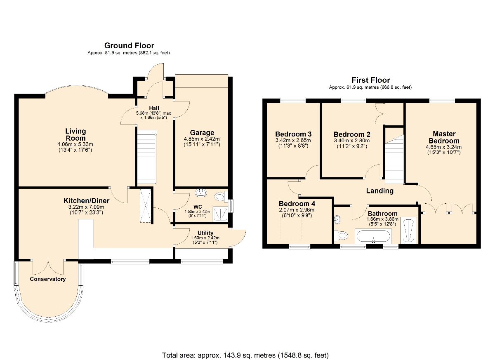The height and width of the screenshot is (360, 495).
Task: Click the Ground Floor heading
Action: coord(129,45)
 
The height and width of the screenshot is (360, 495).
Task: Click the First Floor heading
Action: coord(370,80)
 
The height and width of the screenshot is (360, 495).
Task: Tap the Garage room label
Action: coord(202,132)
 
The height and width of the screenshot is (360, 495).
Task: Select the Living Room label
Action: coord(75,134)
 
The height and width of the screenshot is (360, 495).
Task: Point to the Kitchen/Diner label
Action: coord(86,201)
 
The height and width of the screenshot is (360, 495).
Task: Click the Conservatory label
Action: coord(48,279)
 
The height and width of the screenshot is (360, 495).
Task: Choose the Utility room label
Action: coord(205,233)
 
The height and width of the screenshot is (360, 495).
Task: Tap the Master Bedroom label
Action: coord(444,137)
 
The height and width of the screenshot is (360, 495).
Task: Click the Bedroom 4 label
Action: coord(297,203)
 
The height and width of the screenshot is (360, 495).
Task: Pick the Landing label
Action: coord(379,191)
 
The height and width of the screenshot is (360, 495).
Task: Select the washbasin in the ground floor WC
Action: coord(201,193)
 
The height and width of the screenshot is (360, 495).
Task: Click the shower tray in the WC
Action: coord(220,214)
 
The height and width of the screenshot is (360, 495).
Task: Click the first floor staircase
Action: coord(395,159)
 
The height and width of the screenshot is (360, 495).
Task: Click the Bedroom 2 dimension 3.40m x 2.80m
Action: coord(351,141)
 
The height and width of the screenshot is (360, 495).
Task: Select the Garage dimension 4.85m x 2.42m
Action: coord(202,139)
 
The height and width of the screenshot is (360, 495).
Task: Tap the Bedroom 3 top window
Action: coord(293,101)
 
